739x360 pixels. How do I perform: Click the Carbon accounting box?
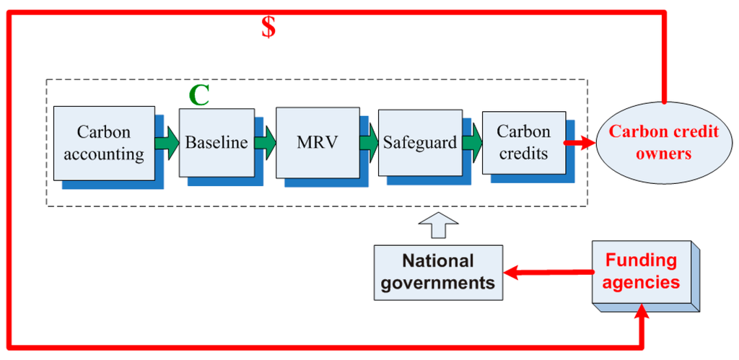104,143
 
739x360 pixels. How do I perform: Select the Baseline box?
217,142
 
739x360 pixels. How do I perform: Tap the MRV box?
318,142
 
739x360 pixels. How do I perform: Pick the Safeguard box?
419,143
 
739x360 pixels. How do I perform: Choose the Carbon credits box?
523,142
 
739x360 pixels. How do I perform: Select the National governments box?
438,271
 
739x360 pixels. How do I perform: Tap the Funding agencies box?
641,271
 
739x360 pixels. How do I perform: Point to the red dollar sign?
268,27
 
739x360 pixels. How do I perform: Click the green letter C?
198,95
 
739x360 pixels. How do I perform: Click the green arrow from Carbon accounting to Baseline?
167,143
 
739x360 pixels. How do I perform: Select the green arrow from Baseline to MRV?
265,143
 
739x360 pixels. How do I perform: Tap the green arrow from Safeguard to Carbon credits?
472,143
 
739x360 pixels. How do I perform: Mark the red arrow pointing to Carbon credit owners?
581,143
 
